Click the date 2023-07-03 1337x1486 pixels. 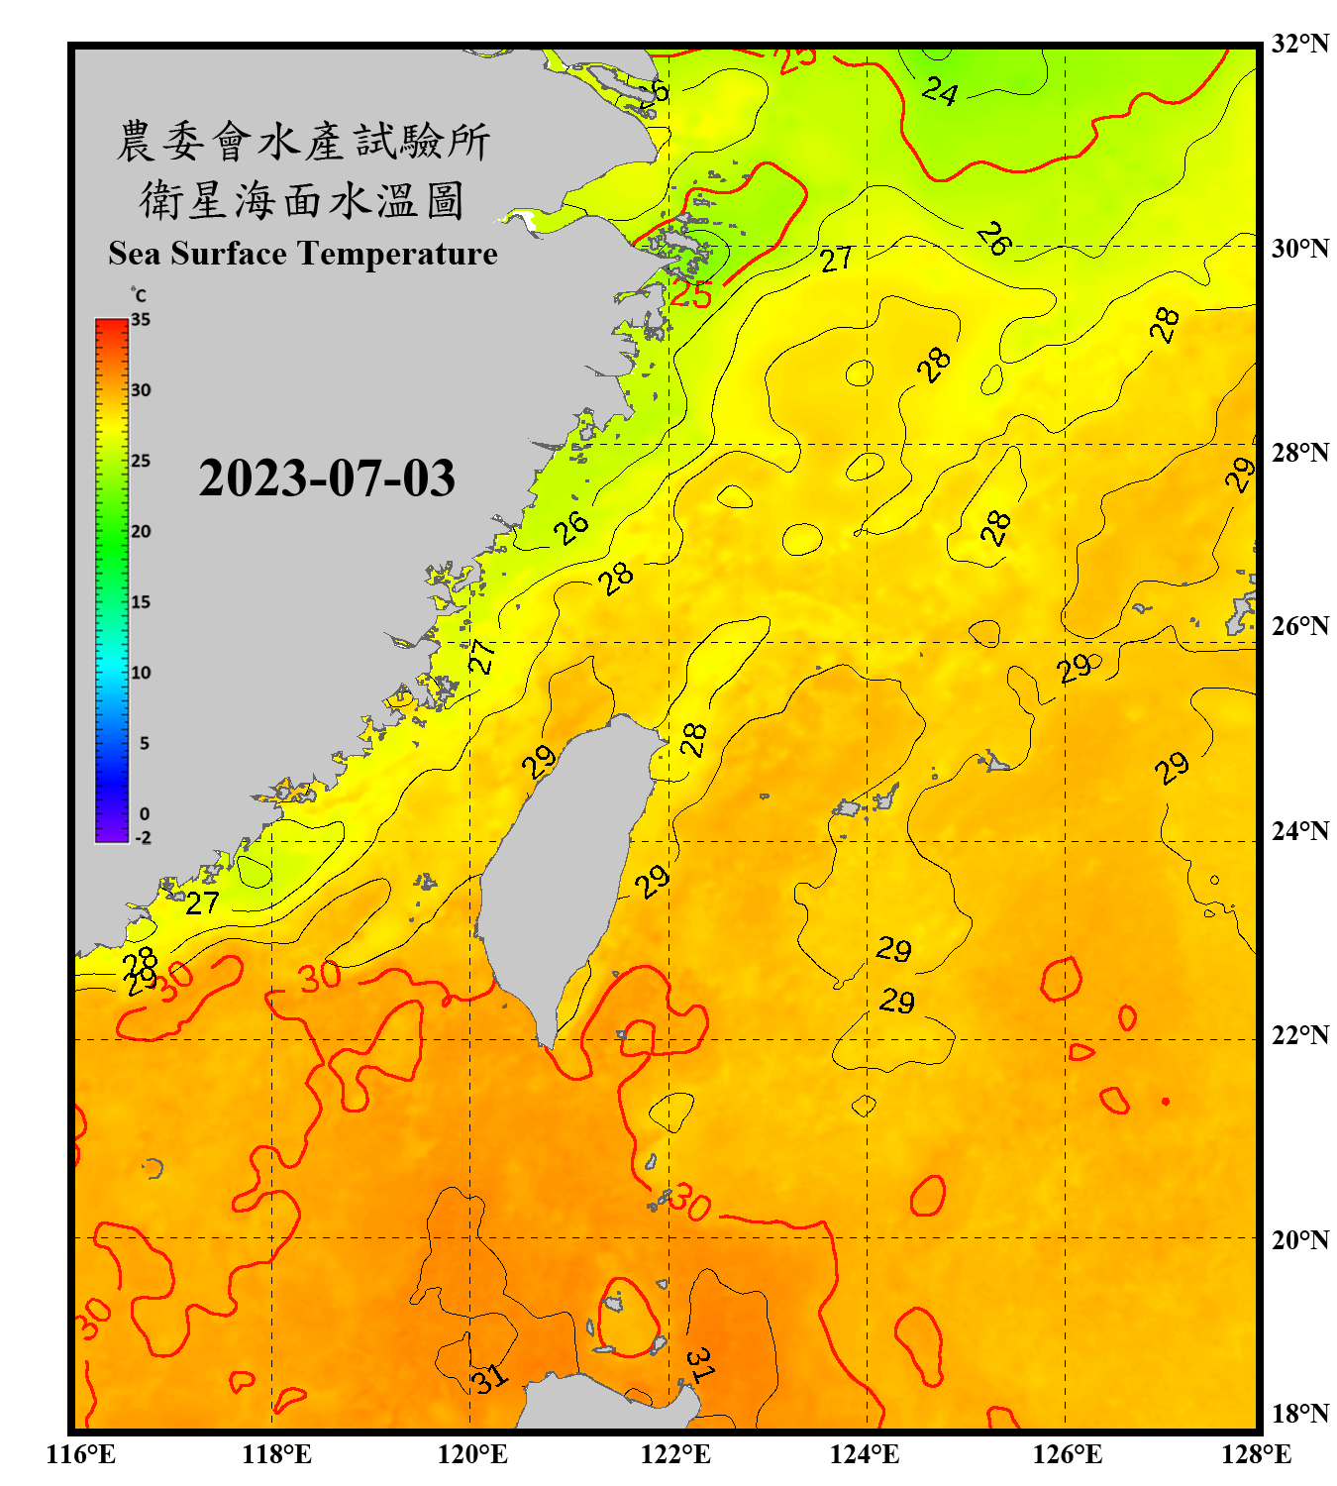pos(327,478)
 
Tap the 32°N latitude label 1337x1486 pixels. pos(1299,44)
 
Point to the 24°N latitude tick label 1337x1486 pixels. pos(1299,831)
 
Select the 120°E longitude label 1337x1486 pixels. pos(472,1454)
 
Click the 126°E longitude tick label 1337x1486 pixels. pos(1068,1454)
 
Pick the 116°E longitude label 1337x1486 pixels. pos(81,1454)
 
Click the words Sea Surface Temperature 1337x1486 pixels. pos(303,254)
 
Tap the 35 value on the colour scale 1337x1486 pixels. pos(141,320)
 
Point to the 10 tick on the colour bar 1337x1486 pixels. pos(141,673)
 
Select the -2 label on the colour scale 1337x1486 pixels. pos(143,837)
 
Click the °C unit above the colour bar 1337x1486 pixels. pos(139,295)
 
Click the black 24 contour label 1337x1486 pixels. pos(940,92)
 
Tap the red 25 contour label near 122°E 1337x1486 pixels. pos(691,294)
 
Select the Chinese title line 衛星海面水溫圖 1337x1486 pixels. pos(302,200)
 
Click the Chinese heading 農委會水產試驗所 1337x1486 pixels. pos(303,142)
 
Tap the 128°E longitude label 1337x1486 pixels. pos(1256,1454)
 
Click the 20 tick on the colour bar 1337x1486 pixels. pos(141,531)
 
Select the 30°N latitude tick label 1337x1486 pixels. pos(1299,248)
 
